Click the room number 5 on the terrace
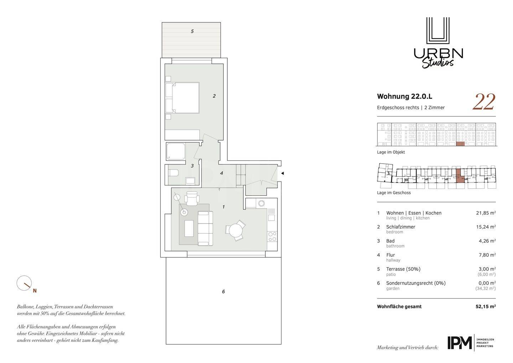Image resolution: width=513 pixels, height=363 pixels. click(x=192, y=31)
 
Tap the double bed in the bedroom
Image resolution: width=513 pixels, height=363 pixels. click(x=182, y=98)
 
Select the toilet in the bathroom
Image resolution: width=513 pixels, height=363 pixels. click(x=173, y=173)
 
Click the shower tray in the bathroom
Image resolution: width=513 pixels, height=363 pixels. click(x=176, y=152)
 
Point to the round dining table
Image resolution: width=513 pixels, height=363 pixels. click(x=235, y=230)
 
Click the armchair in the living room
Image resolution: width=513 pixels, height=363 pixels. click(x=192, y=199)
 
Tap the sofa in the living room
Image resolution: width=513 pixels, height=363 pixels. click(x=205, y=229)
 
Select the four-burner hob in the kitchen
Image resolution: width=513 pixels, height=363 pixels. click(x=272, y=237)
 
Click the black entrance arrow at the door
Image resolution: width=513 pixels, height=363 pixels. click(x=283, y=173)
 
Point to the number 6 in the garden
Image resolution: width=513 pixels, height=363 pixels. click(x=223, y=291)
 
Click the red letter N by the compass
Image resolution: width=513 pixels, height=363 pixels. click(x=35, y=291)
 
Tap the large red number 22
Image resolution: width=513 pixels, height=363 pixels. click(x=484, y=102)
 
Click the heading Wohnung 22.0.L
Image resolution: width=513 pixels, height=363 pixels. click(x=404, y=97)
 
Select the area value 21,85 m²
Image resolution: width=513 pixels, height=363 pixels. click(x=486, y=213)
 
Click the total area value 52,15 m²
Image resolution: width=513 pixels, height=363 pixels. click(x=486, y=306)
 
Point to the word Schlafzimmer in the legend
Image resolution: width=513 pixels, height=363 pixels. click(x=400, y=227)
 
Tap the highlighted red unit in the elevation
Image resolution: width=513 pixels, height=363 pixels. click(x=460, y=144)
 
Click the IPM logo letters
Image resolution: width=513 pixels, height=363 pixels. click(x=460, y=343)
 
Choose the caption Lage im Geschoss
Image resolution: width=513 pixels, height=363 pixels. click(x=394, y=193)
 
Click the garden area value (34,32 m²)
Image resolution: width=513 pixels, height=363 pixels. click(x=486, y=288)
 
